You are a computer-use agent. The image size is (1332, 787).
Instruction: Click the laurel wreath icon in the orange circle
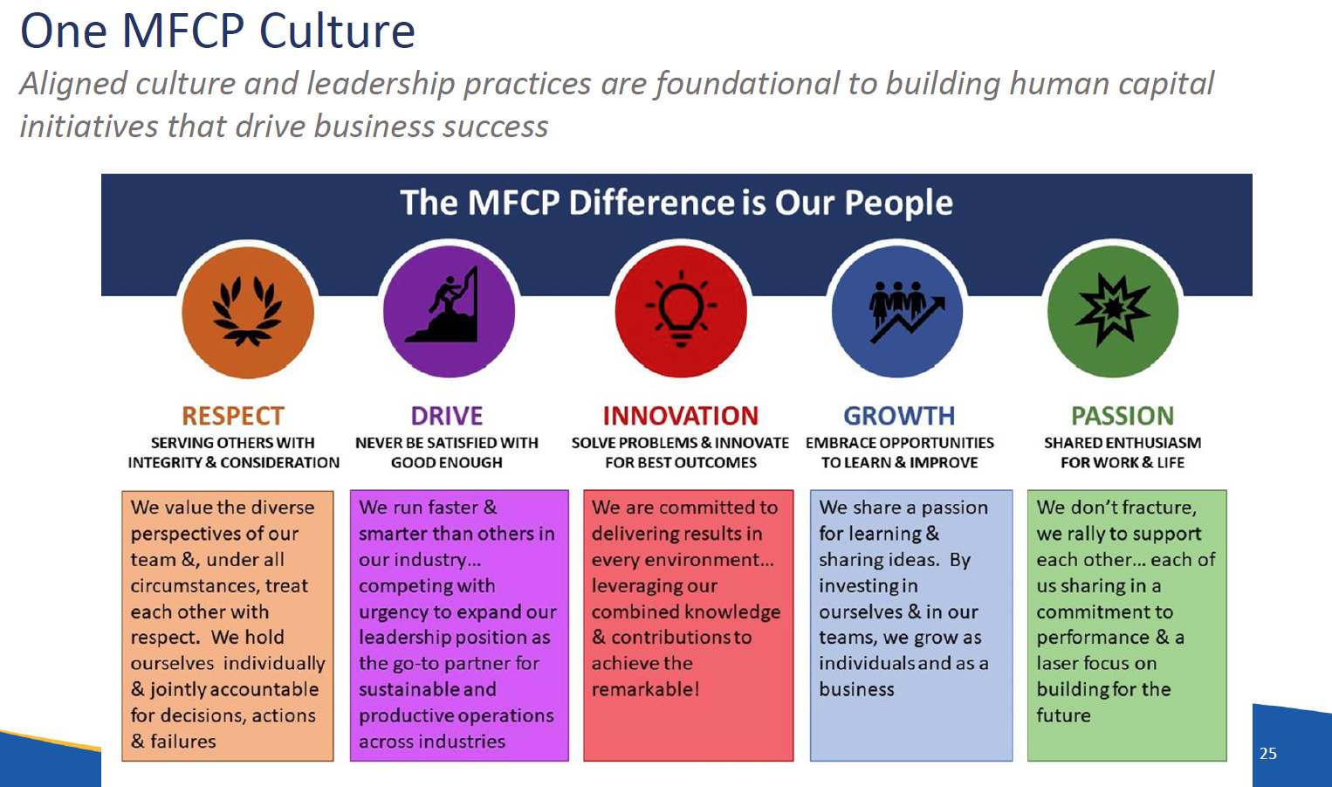click(247, 310)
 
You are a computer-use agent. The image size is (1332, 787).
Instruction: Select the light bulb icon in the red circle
click(682, 308)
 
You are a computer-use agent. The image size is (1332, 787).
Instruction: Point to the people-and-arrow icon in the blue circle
click(906, 311)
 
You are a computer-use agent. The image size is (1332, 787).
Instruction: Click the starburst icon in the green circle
click(1113, 310)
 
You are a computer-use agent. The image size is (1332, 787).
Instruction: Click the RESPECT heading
click(233, 416)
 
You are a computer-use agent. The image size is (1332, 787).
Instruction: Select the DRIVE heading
click(447, 416)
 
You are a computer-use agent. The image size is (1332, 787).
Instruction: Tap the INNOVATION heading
click(681, 416)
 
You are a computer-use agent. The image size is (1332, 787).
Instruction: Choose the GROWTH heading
click(899, 416)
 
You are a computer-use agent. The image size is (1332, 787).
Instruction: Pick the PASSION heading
click(1123, 416)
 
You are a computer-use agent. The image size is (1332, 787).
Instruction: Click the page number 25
click(1267, 754)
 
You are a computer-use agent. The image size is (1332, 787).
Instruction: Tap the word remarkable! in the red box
click(645, 689)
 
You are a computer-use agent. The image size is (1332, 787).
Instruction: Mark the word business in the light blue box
click(856, 689)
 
